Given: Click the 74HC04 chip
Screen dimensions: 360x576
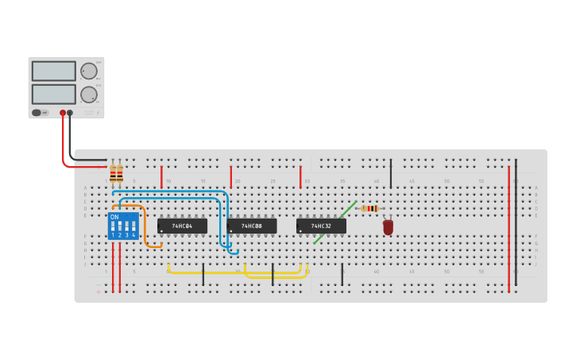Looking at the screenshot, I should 182,226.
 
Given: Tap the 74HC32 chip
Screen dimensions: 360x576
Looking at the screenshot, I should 321,226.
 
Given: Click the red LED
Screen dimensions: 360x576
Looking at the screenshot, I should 388,227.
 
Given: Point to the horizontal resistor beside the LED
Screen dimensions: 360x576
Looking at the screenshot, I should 369,208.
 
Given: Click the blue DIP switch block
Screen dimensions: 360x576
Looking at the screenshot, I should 123,226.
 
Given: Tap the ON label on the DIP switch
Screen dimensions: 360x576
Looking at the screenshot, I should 114,217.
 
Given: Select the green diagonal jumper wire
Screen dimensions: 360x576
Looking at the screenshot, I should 334,223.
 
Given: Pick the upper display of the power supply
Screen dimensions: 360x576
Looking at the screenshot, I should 53,71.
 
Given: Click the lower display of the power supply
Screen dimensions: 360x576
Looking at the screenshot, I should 53,94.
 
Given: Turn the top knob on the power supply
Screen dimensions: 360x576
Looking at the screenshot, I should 88,71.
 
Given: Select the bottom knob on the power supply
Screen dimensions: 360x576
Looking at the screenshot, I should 88,95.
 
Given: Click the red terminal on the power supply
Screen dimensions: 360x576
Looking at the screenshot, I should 63,113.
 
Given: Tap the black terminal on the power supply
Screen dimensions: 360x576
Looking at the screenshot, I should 70,113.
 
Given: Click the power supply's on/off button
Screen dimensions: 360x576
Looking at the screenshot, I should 37,113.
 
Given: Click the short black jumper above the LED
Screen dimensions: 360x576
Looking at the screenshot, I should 390,173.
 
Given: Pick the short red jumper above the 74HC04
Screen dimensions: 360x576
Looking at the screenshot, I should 161,176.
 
